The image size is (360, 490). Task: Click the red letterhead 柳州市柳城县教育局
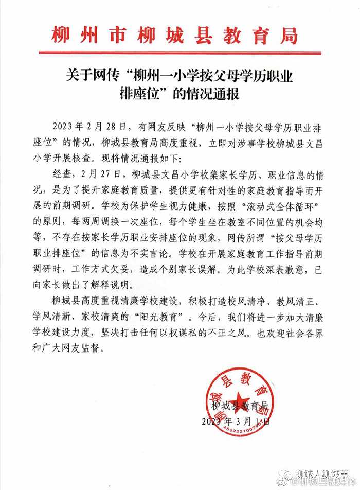coord(175,34)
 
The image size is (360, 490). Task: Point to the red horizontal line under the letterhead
coord(179,52)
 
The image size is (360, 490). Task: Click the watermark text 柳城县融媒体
coord(323,483)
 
